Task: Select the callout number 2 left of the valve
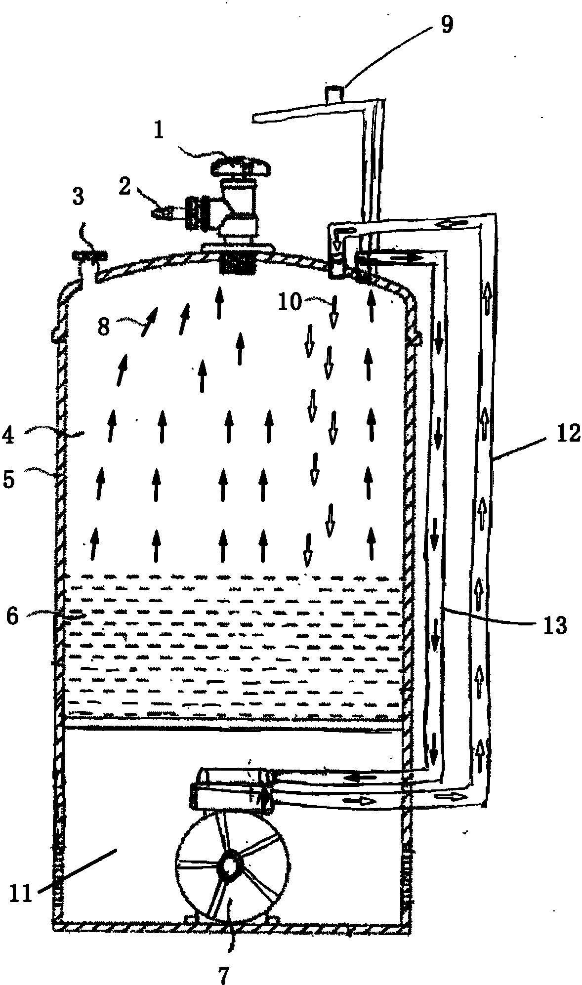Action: pos(125,188)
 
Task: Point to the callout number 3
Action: pos(78,198)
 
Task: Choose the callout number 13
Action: pos(554,626)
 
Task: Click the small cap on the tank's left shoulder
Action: pos(89,256)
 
